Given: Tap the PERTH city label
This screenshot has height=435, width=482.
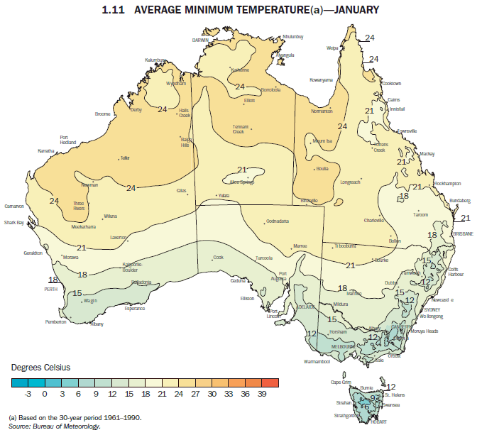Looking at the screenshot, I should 51,290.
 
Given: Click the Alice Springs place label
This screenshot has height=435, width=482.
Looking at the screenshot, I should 242,182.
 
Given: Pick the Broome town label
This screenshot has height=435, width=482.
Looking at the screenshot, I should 102,114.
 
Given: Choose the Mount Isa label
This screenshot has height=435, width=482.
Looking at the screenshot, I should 323,141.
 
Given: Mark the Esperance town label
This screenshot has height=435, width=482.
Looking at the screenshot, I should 134,308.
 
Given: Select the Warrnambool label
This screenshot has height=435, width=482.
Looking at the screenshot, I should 317,362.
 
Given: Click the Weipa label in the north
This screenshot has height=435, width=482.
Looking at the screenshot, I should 332,48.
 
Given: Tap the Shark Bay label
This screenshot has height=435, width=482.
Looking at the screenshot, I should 14,223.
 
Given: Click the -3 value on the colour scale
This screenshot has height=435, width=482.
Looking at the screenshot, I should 28,392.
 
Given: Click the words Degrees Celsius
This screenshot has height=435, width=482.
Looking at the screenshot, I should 40,368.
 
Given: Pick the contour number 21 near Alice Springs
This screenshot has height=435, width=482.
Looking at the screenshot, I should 242,170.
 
